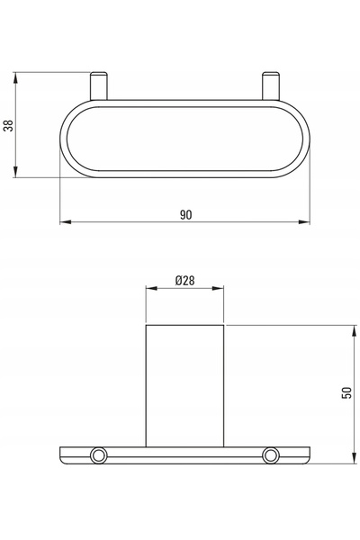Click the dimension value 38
pos(8,125)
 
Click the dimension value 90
pos(185,215)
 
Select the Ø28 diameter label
pos(185,281)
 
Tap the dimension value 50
pos(346,393)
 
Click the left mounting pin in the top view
pos(99,85)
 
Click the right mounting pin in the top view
pos(271,85)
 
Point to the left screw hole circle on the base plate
pos(98,455)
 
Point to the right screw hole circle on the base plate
pos(270,455)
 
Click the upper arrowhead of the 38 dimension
pos(15,77)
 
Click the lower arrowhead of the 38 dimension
pos(15,172)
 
